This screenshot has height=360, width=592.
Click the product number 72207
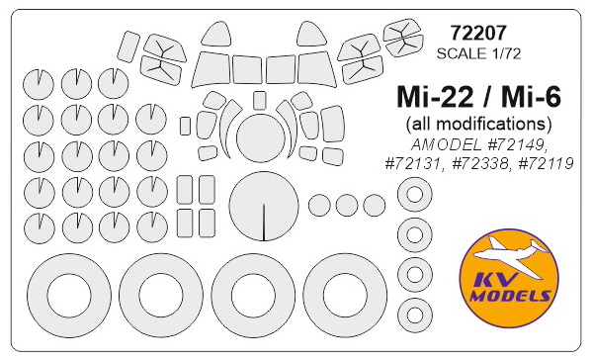click(478, 34)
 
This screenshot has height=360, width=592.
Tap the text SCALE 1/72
click(478, 53)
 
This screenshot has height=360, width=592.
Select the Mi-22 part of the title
click(435, 97)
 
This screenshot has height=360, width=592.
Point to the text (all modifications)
click(478, 124)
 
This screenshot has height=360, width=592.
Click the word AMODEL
click(446, 144)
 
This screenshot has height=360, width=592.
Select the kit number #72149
click(515, 144)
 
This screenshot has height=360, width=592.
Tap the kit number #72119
click(546, 163)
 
